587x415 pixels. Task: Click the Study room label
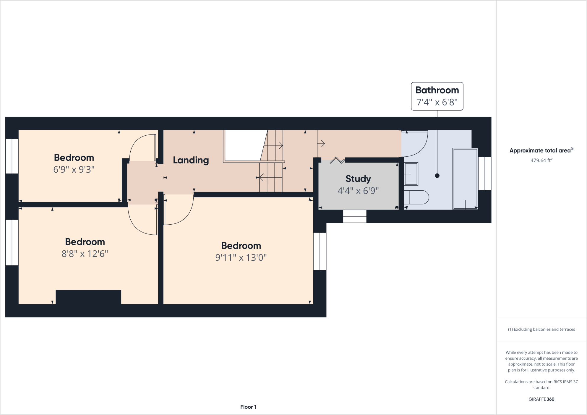(358, 179)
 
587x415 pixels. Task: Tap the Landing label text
(191, 160)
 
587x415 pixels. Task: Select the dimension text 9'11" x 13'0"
(241, 258)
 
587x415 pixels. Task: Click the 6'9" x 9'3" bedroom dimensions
(74, 170)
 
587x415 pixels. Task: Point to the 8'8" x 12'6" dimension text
(85, 254)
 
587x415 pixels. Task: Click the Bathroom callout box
(437, 96)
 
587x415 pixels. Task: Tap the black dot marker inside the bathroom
(437, 176)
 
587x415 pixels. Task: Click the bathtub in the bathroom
(465, 179)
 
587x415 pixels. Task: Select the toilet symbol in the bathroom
(416, 197)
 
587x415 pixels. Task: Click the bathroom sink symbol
(411, 174)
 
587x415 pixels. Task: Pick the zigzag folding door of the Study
(337, 160)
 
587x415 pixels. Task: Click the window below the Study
(355, 216)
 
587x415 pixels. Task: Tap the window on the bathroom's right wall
(485, 173)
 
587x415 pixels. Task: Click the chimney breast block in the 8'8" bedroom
(88, 297)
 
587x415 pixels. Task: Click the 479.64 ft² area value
(541, 161)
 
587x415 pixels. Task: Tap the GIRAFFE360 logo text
(541, 399)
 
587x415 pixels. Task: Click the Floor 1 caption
(248, 407)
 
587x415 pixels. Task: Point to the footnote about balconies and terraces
(541, 329)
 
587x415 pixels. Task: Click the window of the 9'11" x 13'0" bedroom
(320, 251)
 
